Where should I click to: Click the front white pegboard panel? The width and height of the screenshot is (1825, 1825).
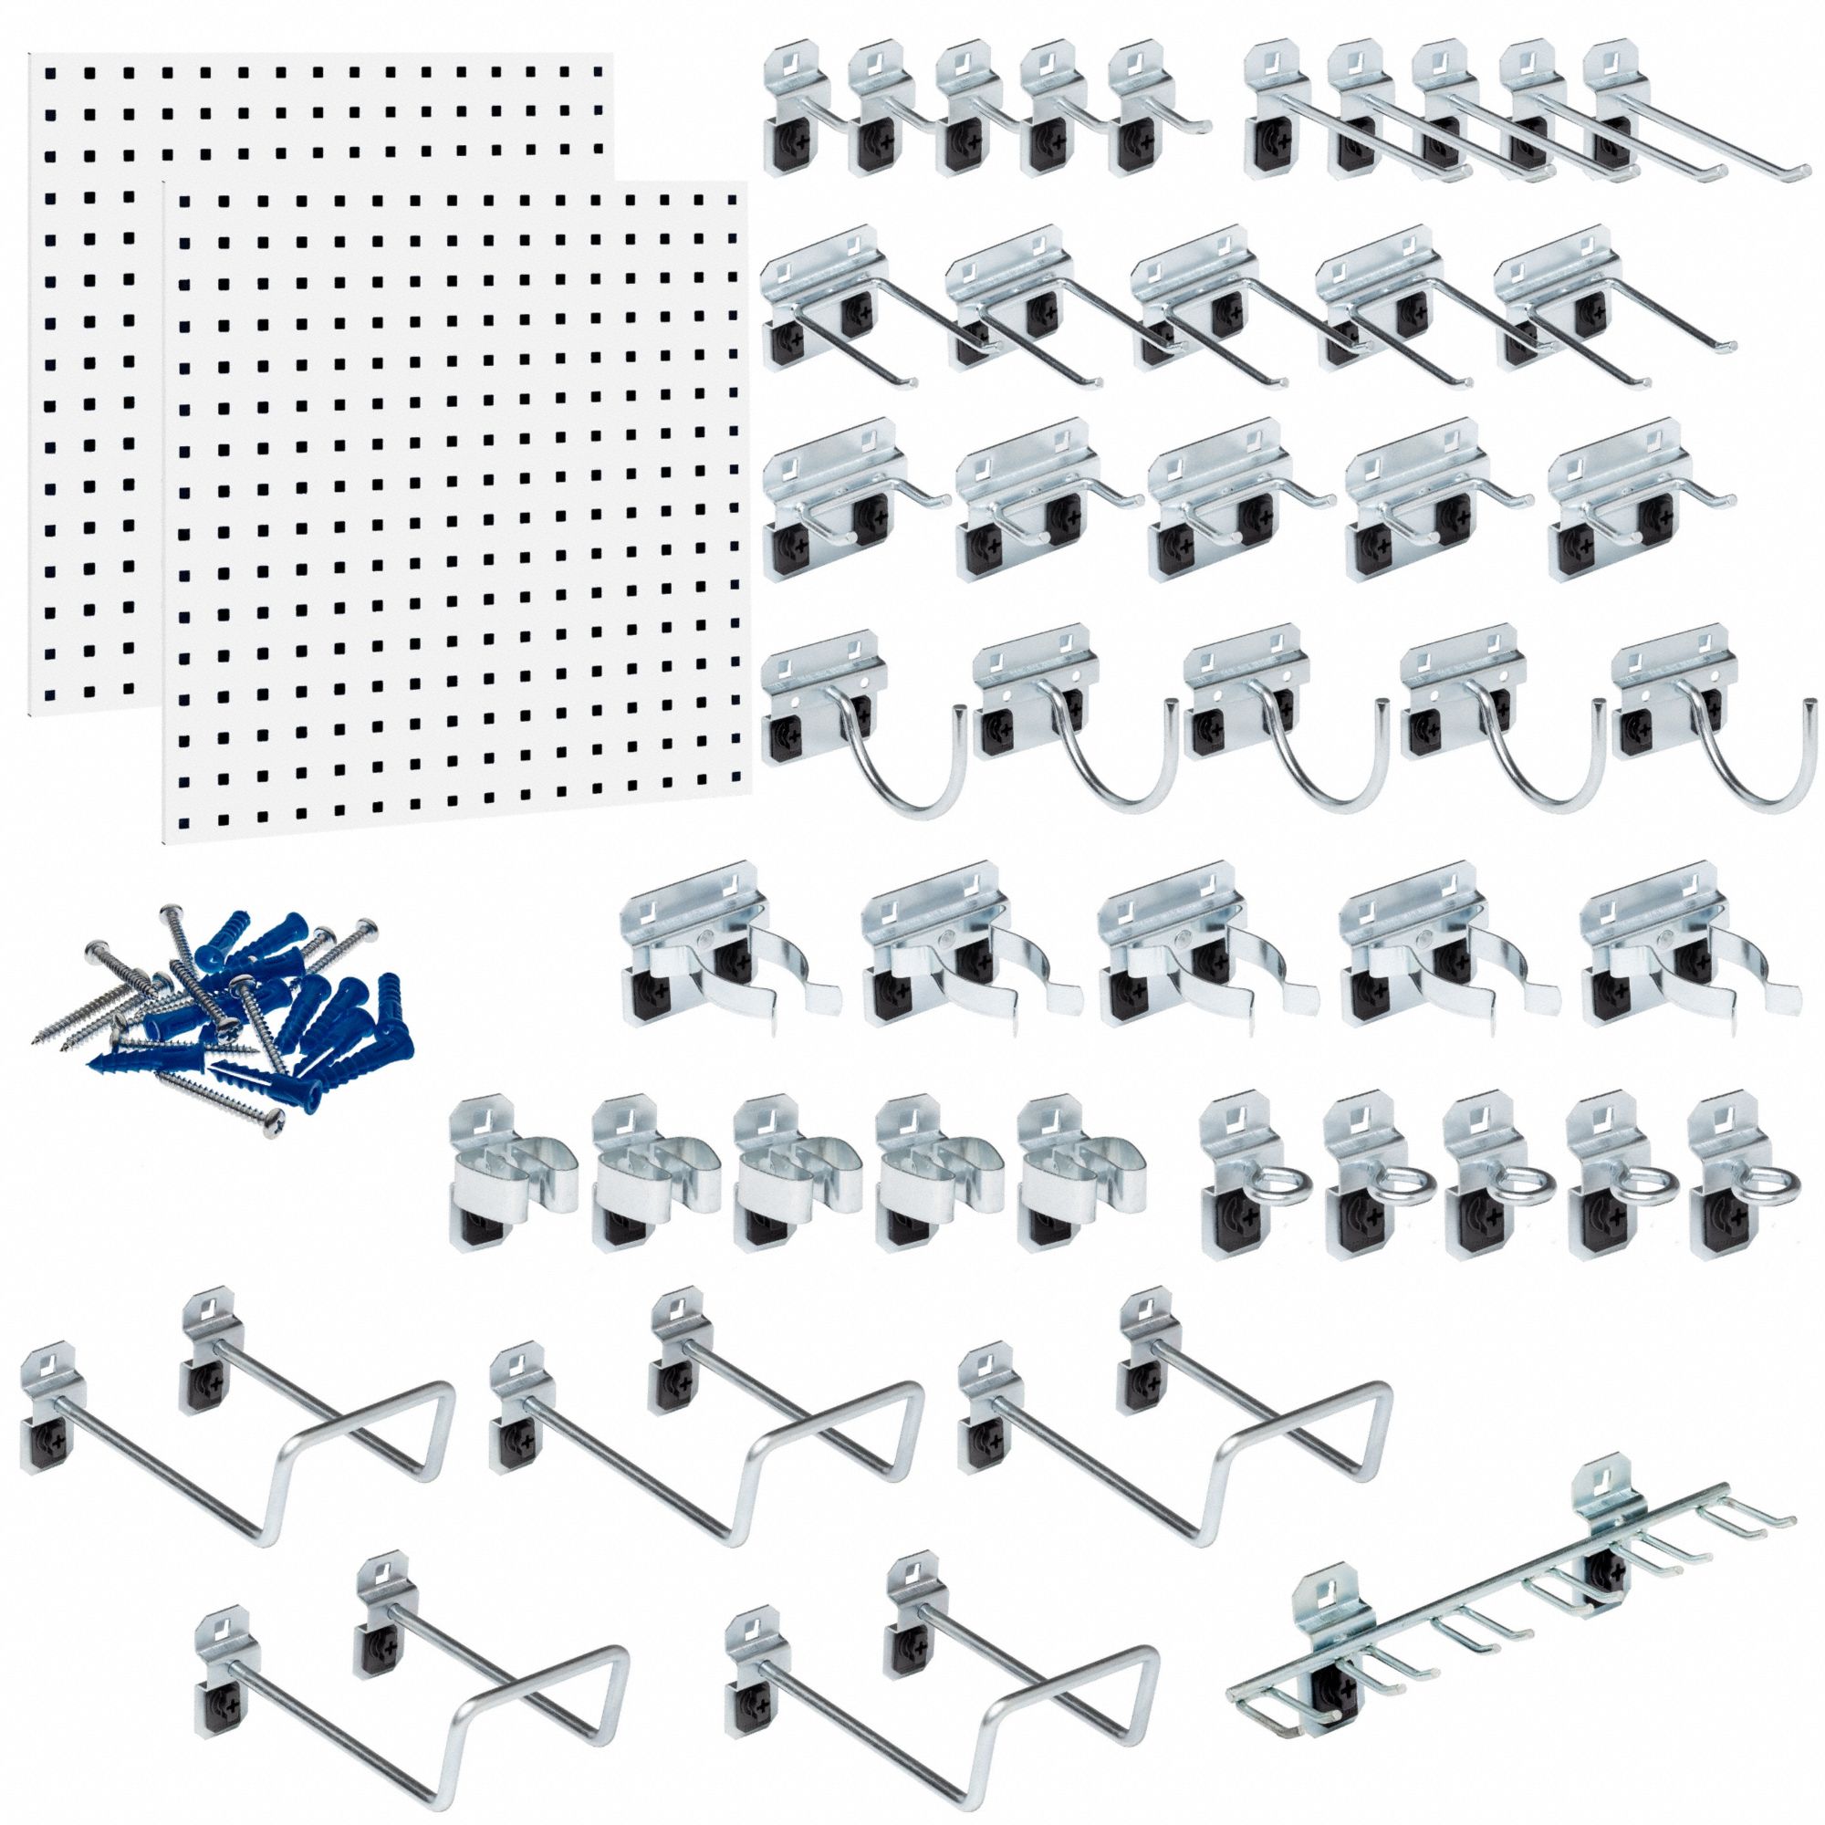[x=454, y=510]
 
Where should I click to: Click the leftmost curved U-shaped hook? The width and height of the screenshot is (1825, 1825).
[x=850, y=718]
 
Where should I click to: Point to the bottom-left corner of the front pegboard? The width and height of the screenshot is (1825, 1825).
[x=166, y=841]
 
